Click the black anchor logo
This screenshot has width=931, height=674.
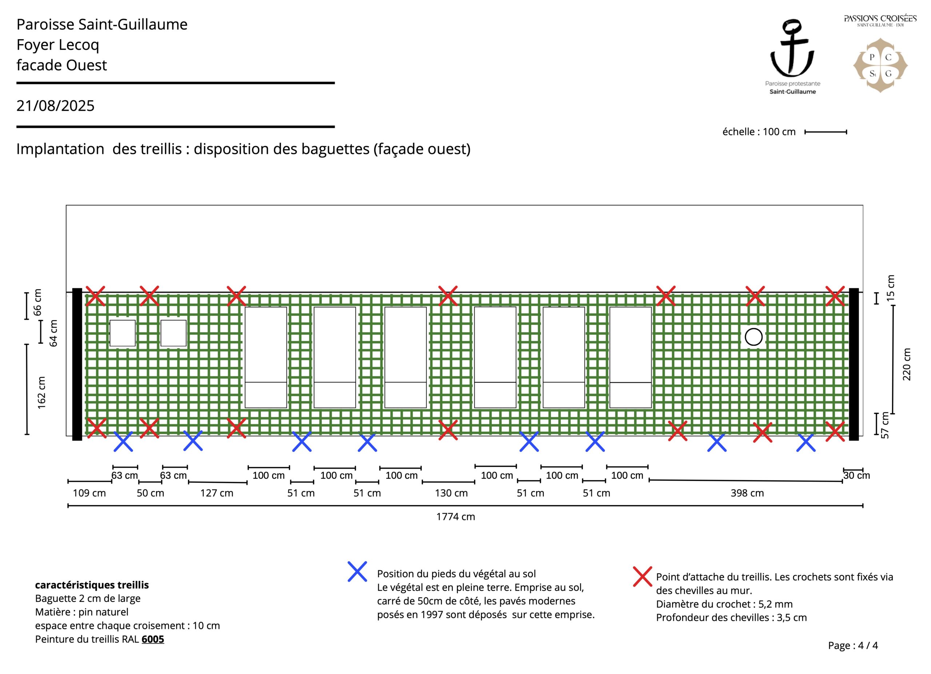[x=792, y=48]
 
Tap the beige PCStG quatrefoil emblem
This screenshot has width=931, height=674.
[x=880, y=66]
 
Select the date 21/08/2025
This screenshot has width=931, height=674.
[x=55, y=106]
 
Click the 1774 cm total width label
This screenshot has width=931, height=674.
[x=455, y=517]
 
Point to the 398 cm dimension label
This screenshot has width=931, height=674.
[x=747, y=493]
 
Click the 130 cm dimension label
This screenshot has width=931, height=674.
[x=451, y=493]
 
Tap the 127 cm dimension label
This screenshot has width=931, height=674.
[x=216, y=493]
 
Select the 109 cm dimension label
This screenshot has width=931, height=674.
[x=89, y=493]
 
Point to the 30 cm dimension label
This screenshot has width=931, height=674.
[x=856, y=475]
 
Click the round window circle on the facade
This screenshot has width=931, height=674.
[x=753, y=337]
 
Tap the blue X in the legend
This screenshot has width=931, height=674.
[x=357, y=571]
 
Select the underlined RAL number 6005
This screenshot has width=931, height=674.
[x=153, y=639]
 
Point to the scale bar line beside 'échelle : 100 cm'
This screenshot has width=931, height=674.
[x=826, y=132]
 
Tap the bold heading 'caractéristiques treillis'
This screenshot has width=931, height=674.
[x=92, y=585]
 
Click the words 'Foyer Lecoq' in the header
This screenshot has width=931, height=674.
[x=58, y=45]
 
